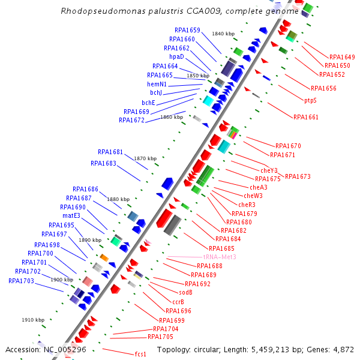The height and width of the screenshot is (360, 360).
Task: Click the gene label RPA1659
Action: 187,30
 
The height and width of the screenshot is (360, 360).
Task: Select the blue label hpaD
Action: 176,57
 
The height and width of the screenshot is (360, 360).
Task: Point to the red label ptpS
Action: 310,100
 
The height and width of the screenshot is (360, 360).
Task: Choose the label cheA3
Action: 255,187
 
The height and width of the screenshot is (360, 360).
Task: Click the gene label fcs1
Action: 140,354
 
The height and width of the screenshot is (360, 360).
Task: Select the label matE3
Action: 71,216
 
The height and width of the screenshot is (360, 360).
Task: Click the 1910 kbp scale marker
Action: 33,320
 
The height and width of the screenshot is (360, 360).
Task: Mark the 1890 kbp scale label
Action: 90,240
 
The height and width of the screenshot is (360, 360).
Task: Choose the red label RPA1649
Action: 342,58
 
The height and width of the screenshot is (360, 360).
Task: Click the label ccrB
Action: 178,302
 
